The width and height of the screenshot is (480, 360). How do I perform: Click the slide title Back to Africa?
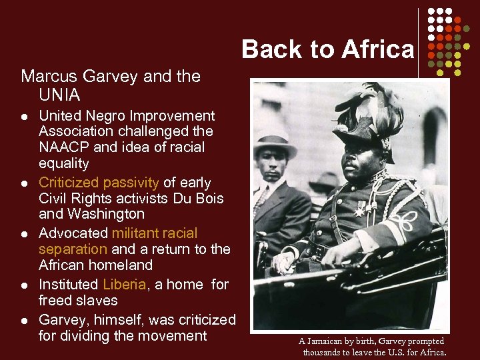pyautogui.click(x=327, y=49)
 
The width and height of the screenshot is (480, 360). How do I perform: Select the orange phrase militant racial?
pyautogui.click(x=155, y=233)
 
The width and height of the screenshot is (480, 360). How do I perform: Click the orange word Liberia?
pyautogui.click(x=124, y=284)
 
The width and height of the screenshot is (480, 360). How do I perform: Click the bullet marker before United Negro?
pyautogui.click(x=24, y=117)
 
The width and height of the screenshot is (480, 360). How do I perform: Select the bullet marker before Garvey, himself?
pyautogui.click(x=24, y=320)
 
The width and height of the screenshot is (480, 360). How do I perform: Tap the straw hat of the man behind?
pyautogui.click(x=275, y=145)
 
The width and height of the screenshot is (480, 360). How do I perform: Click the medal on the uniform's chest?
pyautogui.click(x=361, y=209)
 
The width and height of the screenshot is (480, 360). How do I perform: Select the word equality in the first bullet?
pyautogui.click(x=64, y=163)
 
